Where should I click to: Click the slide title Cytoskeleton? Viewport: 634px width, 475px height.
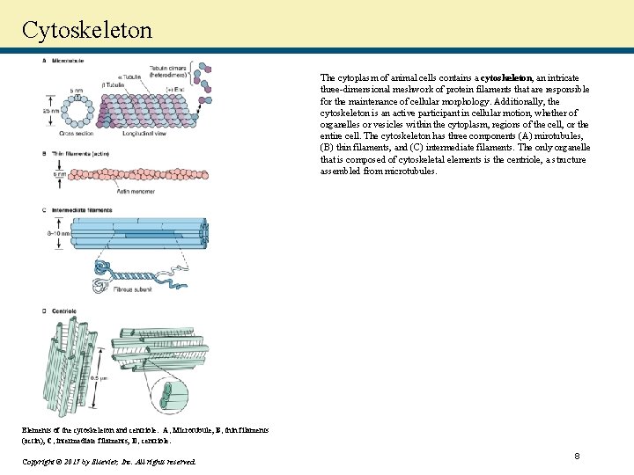pyautogui.click(x=87, y=30)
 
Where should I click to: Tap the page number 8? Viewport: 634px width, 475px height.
pyautogui.click(x=577, y=456)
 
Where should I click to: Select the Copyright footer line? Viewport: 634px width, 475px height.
pyautogui.click(x=109, y=461)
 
